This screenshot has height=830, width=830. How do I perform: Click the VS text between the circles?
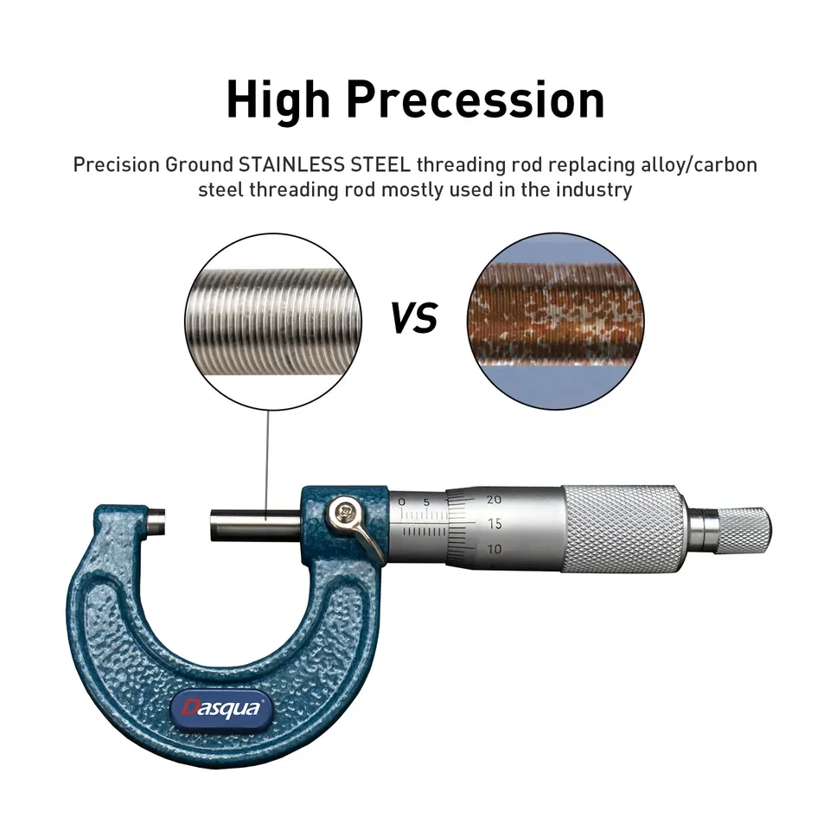(413, 319)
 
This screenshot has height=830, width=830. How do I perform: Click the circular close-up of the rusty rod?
(556, 319)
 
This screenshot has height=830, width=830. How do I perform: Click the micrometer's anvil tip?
(157, 521)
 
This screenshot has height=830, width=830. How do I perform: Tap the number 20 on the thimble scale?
(495, 500)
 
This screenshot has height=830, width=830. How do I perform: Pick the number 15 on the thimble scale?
(495, 523)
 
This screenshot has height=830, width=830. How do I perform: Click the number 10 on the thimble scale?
(495, 549)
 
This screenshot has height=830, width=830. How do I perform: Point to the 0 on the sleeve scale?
(401, 501)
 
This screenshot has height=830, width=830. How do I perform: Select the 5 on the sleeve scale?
(427, 501)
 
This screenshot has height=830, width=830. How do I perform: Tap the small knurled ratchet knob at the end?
(744, 529)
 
